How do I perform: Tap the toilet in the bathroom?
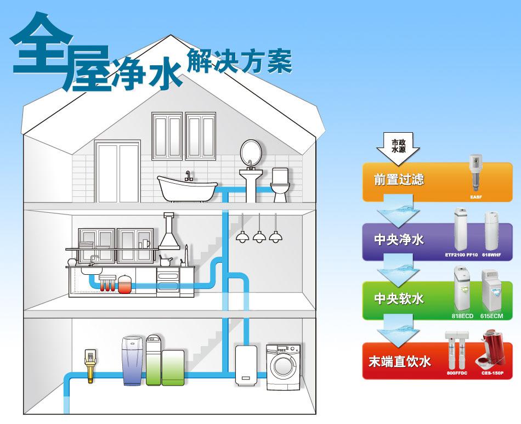tap(280, 184)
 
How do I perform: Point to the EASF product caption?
tap(475, 195)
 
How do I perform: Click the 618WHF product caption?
tap(491, 255)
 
